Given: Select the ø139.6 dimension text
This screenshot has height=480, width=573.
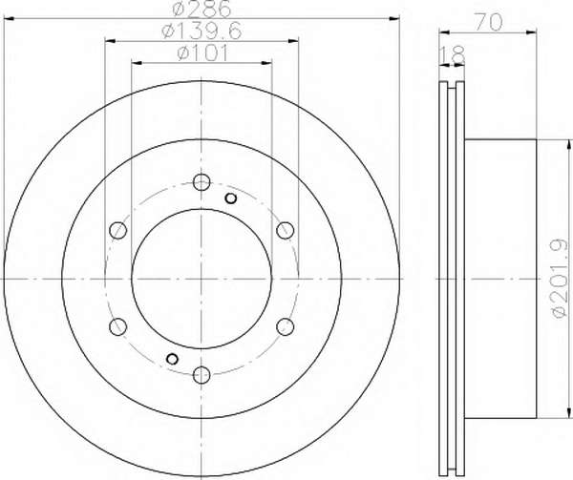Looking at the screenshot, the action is [x=202, y=31].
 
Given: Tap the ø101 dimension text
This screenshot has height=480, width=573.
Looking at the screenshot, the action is [x=202, y=53].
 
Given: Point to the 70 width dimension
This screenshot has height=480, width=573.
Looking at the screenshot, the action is [x=488, y=23].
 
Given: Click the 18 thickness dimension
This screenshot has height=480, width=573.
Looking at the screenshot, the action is [x=452, y=54].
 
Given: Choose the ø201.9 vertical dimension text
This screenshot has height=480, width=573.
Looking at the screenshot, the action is [x=560, y=279].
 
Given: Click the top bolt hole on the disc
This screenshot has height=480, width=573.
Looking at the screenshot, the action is [x=202, y=181].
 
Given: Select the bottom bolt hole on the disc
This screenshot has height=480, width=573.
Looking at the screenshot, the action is [x=202, y=374].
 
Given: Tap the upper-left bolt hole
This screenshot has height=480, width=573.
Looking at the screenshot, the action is [x=118, y=230].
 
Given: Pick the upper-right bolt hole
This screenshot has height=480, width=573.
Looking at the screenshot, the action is [x=285, y=230].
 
